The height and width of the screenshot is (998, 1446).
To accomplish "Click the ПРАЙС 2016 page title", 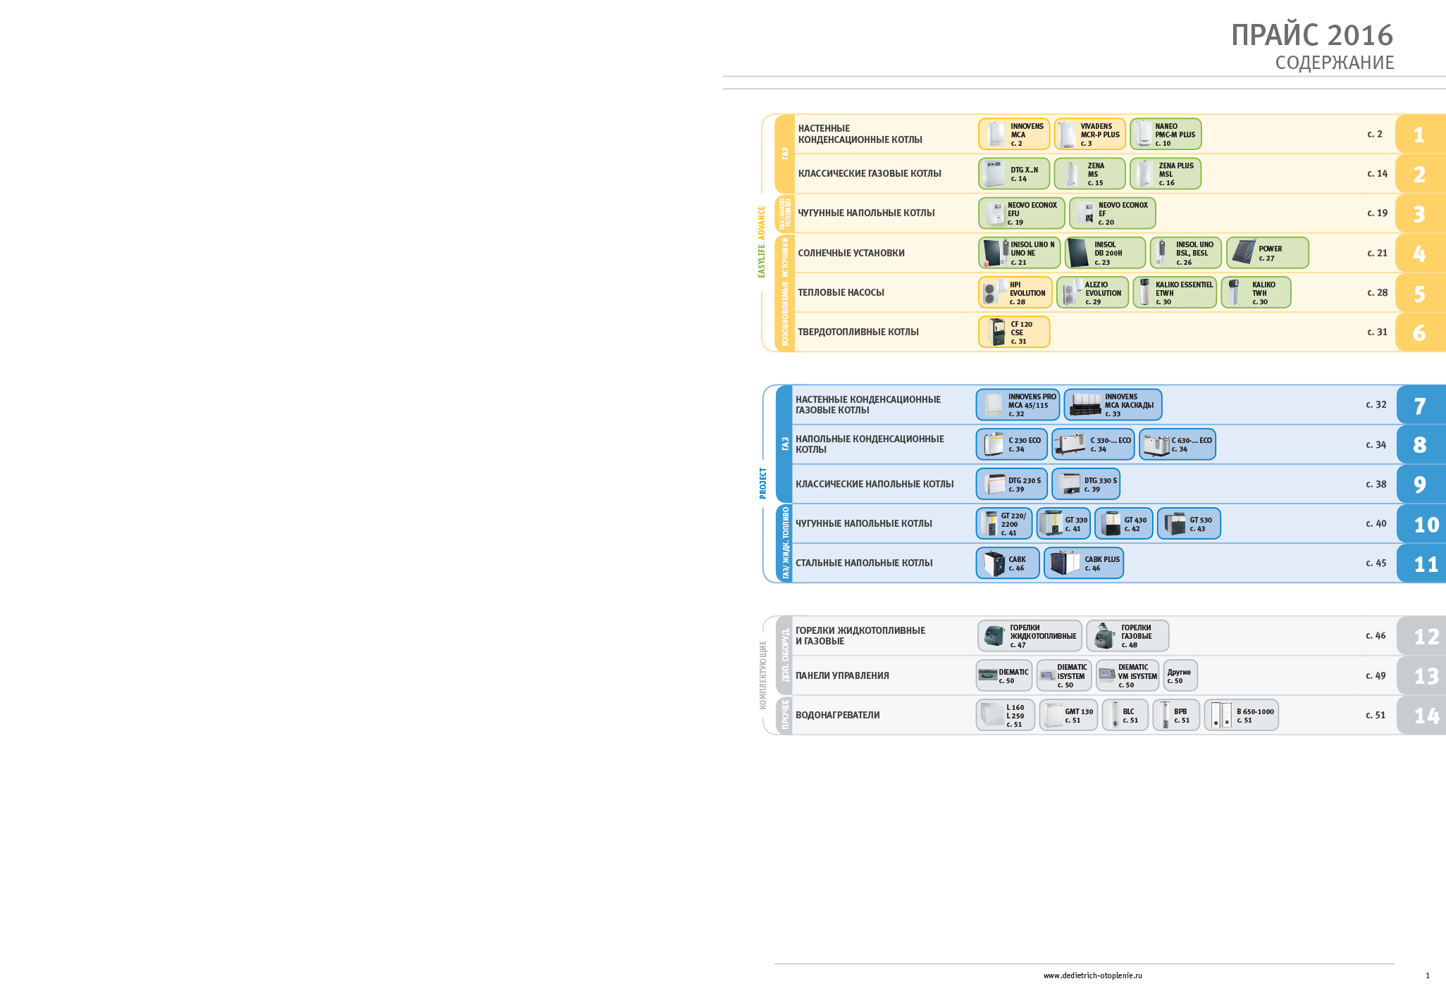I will tap(1311, 35).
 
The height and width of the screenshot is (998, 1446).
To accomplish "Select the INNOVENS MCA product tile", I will tap(1013, 135).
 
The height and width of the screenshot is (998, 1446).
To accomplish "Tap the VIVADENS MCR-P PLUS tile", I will tap(1089, 135).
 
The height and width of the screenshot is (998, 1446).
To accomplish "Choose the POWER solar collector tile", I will tap(1267, 253).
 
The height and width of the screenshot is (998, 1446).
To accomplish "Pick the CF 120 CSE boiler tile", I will tap(1013, 332).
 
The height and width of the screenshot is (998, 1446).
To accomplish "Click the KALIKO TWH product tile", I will tap(1256, 292).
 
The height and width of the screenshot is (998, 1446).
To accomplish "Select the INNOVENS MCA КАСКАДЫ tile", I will tap(1113, 405).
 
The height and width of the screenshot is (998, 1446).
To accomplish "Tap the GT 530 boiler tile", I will tap(1189, 523).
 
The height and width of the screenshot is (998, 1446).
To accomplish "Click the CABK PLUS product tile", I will tap(1084, 563).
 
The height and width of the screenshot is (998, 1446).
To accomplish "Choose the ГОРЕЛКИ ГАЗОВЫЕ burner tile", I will tap(1127, 636).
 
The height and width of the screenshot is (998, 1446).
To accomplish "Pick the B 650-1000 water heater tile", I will tap(1241, 715).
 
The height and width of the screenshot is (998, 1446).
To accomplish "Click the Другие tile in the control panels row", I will tap(1180, 675).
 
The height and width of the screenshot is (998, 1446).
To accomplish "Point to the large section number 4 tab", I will tap(1419, 254).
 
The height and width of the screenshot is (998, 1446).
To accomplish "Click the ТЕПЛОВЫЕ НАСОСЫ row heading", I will tap(841, 292).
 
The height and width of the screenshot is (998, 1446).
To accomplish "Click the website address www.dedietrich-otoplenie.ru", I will tap(1092, 975).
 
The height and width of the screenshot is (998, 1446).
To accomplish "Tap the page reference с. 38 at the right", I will tap(1376, 484).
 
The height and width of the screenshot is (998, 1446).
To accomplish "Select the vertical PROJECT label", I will tap(762, 483).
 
